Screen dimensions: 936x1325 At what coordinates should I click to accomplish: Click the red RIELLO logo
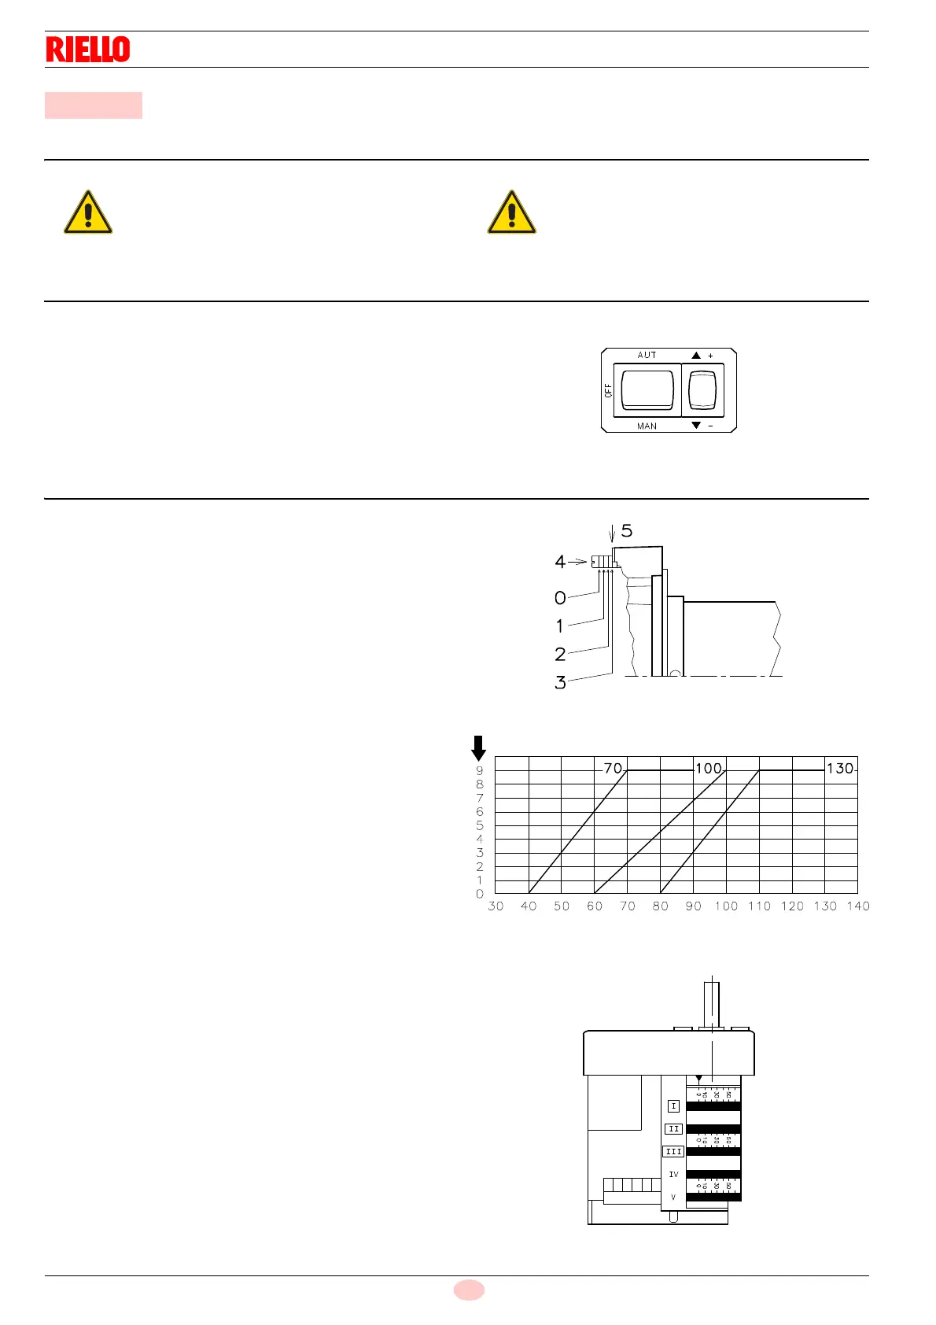[88, 50]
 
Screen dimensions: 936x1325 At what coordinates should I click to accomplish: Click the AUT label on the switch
[647, 356]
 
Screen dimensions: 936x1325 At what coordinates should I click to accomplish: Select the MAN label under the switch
[647, 426]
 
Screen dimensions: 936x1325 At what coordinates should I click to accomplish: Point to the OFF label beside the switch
[608, 390]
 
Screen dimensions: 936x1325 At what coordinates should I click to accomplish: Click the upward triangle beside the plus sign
[696, 356]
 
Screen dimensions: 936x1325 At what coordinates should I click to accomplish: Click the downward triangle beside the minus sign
[696, 426]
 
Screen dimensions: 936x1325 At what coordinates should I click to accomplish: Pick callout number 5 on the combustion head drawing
[627, 531]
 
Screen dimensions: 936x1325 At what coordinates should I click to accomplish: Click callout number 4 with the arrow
[560, 562]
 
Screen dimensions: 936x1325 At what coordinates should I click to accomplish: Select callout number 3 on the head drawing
[560, 682]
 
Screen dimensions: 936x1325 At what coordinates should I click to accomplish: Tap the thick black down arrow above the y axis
[478, 747]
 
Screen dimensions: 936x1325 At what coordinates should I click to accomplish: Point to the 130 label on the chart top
[840, 768]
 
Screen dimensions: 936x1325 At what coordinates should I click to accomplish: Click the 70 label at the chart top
[613, 768]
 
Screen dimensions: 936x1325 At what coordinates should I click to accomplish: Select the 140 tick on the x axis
[858, 906]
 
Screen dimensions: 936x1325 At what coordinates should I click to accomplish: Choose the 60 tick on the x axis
[595, 906]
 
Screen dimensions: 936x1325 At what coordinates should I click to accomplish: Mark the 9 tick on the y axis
[480, 770]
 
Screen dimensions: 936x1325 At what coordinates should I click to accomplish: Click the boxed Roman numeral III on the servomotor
[673, 1151]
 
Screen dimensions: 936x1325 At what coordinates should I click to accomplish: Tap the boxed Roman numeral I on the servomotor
[673, 1106]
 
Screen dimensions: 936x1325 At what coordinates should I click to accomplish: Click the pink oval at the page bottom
[469, 1290]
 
